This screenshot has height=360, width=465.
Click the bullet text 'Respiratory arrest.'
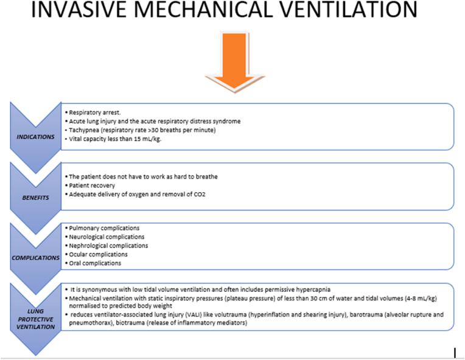tap(94, 113)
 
